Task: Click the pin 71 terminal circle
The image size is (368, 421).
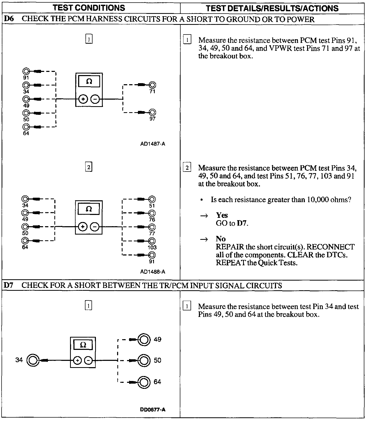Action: (152, 85)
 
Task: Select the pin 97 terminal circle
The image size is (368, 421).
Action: (152, 112)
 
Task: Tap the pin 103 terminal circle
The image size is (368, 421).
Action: (152, 241)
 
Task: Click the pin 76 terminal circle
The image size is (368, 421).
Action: (152, 213)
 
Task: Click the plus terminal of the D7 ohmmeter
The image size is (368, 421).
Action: (77, 361)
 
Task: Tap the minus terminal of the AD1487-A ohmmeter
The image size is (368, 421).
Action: (95, 99)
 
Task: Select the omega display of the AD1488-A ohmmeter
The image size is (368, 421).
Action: (89, 209)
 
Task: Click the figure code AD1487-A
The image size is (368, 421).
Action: (153, 144)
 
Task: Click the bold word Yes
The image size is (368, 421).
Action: (222, 215)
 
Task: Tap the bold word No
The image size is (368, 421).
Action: (221, 239)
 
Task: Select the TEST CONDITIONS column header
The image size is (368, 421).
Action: (89, 8)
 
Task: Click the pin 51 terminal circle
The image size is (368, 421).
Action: (152, 199)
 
